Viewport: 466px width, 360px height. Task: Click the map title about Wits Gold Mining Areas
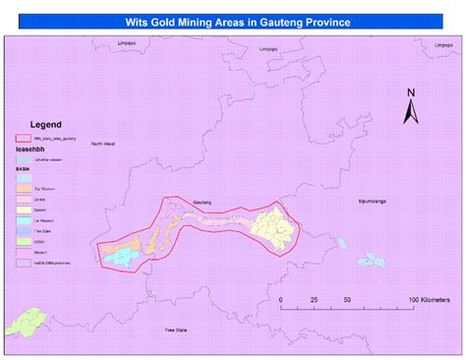pyautogui.click(x=234, y=21)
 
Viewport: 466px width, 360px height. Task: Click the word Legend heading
pyautogui.click(x=45, y=125)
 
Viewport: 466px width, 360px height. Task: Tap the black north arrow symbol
pyautogui.click(x=411, y=112)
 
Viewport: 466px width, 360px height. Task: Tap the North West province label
pyautogui.click(x=102, y=145)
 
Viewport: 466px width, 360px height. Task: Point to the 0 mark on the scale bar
pyautogui.click(x=280, y=299)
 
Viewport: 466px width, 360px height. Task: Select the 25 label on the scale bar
pyautogui.click(x=315, y=299)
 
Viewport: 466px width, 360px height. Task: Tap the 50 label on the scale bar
pyautogui.click(x=347, y=299)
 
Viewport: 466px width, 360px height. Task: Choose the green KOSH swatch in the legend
pyautogui.click(x=22, y=242)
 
